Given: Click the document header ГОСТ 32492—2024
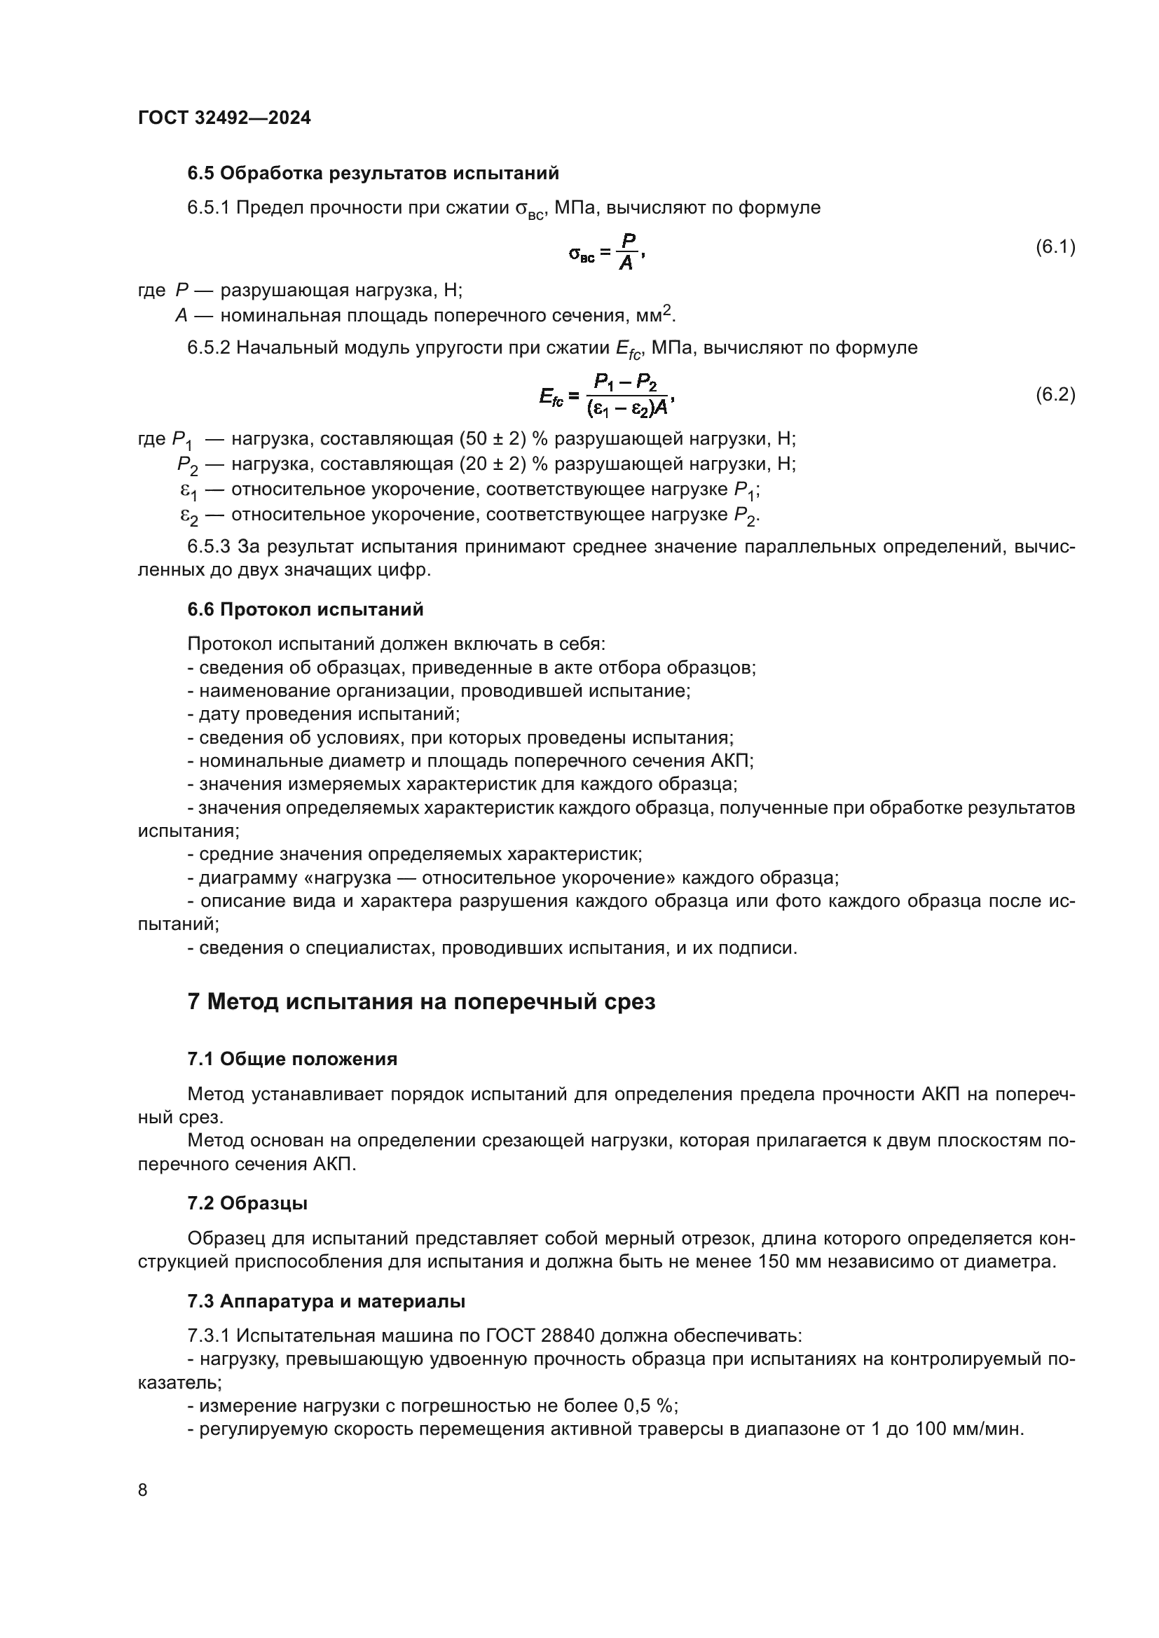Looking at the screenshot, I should point(224,118).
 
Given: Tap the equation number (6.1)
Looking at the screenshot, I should point(1055,247).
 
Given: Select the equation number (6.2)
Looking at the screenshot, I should point(1055,394).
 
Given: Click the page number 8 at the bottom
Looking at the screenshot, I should point(143,1490).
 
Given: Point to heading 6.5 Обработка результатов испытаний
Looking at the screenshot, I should point(373,174).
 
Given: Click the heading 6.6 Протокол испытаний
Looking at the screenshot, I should point(306,609).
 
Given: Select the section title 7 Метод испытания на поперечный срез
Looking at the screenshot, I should point(421,1001).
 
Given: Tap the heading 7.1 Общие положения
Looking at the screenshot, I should point(292,1059).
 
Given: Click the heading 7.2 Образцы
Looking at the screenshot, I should point(247,1203).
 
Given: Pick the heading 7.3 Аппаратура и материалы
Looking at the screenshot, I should point(326,1301).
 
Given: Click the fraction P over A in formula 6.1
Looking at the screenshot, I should point(626,252).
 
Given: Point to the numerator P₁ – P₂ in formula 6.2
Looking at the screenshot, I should point(626,384).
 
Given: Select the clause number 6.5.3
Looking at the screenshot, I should point(208,547).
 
